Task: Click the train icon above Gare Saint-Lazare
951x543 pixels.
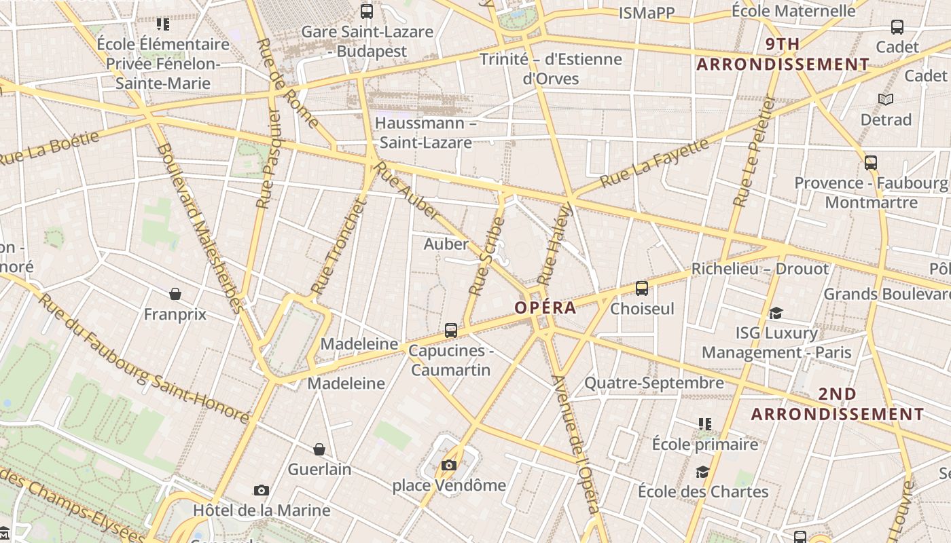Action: (x=367, y=11)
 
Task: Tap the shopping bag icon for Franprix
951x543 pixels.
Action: (x=175, y=294)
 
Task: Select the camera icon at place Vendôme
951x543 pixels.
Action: (x=449, y=465)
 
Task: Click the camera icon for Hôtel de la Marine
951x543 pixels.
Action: (x=262, y=490)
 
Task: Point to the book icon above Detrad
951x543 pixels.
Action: (x=886, y=100)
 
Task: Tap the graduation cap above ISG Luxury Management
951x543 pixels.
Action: (x=776, y=313)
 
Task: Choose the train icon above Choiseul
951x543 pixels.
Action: (x=642, y=288)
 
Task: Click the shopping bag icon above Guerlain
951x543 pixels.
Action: (x=319, y=449)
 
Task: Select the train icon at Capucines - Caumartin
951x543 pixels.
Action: (x=451, y=331)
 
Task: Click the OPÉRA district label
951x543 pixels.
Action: (x=545, y=307)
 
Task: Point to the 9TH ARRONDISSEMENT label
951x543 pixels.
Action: (x=783, y=54)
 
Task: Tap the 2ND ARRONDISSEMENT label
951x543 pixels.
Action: (x=838, y=404)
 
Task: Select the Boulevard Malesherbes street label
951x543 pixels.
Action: (x=200, y=227)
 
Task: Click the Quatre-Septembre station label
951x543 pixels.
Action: (x=654, y=383)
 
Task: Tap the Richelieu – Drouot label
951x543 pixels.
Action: (x=760, y=269)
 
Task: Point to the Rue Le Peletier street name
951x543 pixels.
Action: (x=755, y=151)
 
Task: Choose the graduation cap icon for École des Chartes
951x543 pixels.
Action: (x=702, y=472)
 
